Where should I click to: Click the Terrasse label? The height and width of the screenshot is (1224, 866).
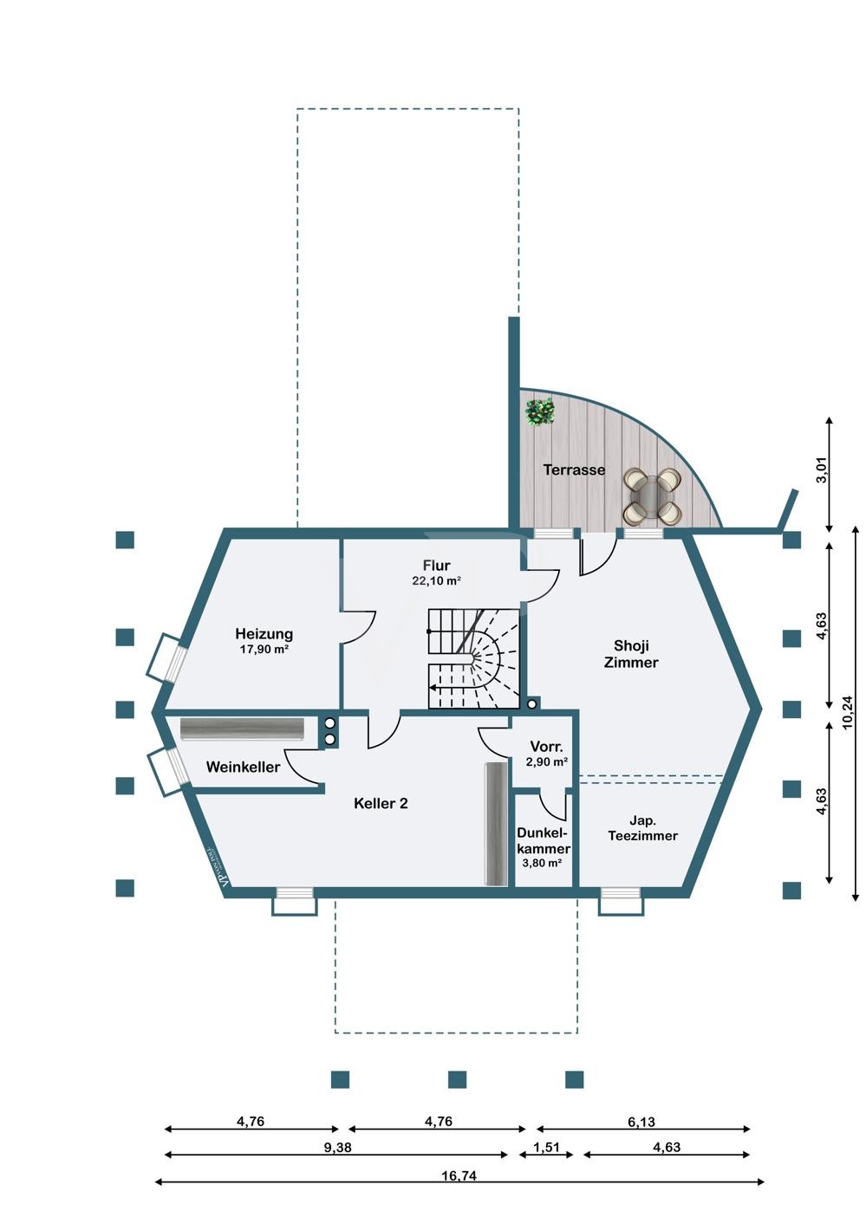574,470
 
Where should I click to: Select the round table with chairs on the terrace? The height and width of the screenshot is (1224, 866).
654,496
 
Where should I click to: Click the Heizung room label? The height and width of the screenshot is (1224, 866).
264,634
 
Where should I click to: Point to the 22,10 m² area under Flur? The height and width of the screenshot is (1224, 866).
436,581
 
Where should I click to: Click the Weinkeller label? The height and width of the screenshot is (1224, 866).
243,767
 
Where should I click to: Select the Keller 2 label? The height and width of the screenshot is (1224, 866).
381,803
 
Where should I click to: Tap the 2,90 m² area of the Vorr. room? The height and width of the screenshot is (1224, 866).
547,762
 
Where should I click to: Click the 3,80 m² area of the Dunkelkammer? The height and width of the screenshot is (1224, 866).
543,864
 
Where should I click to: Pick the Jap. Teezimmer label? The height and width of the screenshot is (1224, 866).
642,828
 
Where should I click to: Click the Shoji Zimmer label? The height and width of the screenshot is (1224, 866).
631,654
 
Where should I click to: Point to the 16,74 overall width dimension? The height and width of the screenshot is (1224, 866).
459,1175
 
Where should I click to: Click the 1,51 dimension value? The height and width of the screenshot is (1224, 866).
547,1148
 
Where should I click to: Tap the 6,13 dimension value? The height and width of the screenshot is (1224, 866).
641,1122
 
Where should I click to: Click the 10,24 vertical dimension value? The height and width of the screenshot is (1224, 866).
848,712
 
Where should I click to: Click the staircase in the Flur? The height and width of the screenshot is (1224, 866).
472,658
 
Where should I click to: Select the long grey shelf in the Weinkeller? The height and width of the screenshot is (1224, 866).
243,729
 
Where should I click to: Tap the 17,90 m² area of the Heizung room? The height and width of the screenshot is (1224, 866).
264,649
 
